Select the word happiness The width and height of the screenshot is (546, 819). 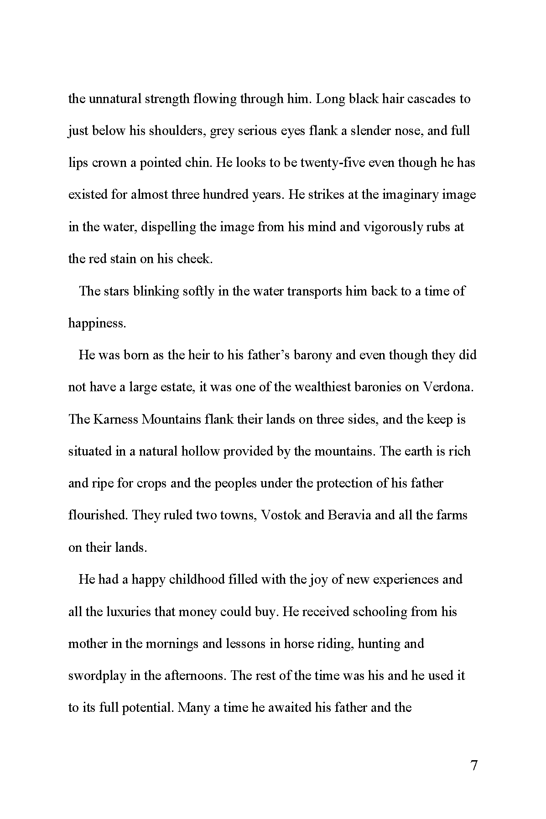point(97,323)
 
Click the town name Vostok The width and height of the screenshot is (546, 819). point(280,515)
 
